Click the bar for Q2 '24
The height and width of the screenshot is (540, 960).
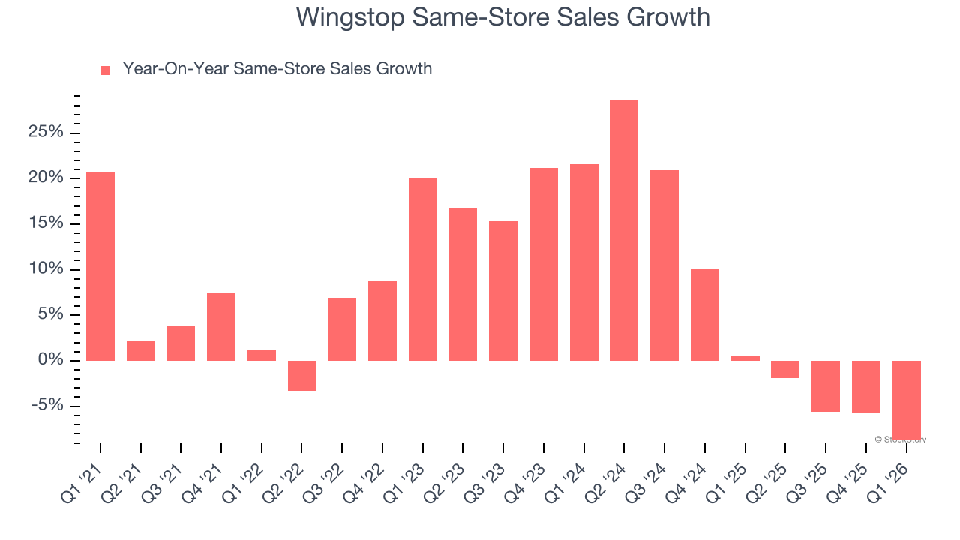pos(623,229)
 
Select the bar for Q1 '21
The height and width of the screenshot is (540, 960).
pos(100,266)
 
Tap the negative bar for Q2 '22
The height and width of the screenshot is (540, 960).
pos(301,375)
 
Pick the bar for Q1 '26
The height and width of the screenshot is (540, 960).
pos(906,398)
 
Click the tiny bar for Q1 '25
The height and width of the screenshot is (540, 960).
pos(745,358)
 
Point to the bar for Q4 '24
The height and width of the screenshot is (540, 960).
pos(704,314)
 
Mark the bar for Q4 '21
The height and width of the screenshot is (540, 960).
pos(221,326)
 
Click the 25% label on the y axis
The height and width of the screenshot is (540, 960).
pos(46,133)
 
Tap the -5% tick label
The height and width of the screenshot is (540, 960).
pos(48,406)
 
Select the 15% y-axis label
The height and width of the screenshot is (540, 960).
pos(46,224)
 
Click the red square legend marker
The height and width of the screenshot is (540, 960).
pos(106,70)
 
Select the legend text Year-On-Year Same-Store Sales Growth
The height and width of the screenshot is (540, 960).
pos(277,69)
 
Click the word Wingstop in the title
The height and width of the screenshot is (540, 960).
pos(349,16)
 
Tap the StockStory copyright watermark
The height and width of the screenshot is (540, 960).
pos(900,439)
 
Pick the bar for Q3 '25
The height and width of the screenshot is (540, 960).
pos(825,385)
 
